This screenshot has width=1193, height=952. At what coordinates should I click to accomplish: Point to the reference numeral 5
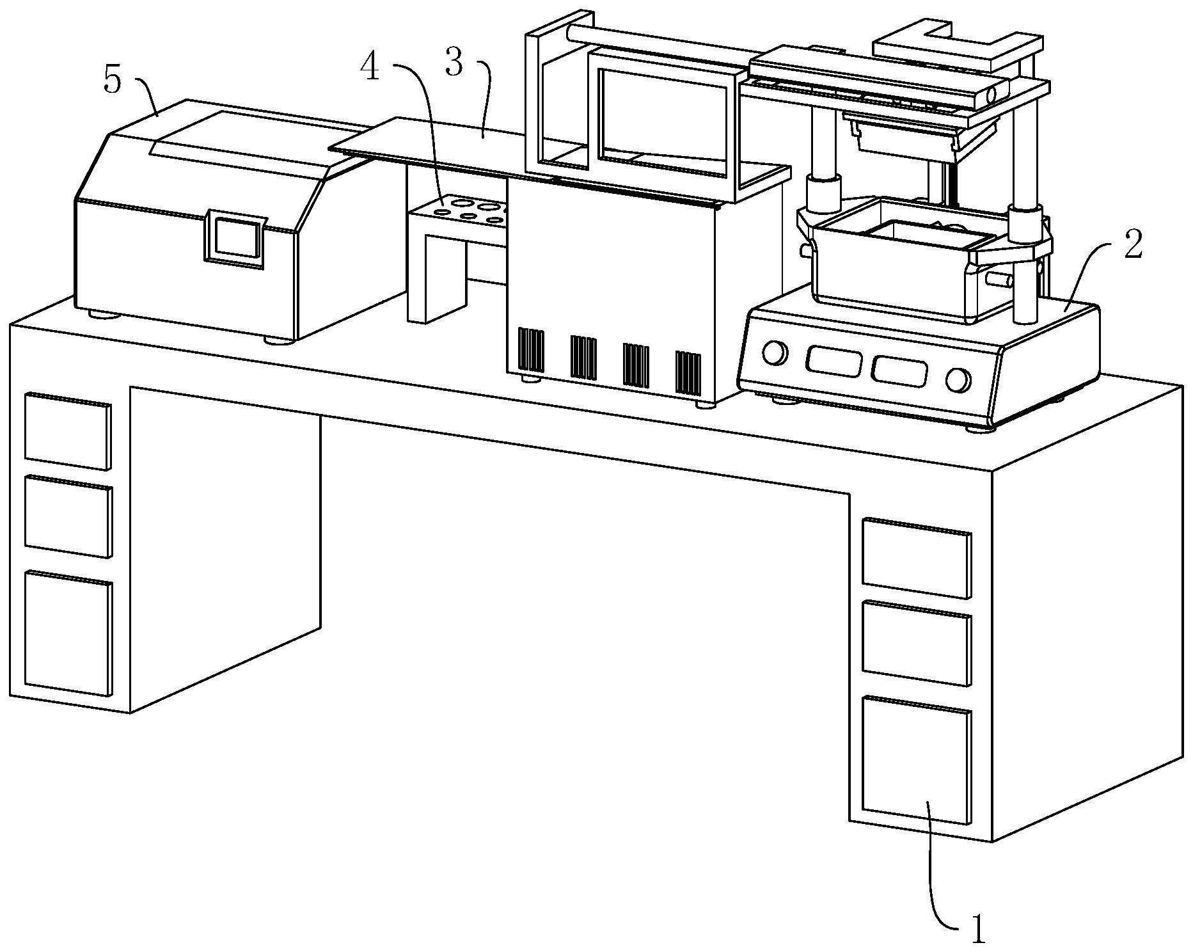click(112, 82)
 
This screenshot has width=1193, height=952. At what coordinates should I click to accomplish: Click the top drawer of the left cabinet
click(68, 432)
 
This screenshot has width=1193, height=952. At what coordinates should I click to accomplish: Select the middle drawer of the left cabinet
click(68, 516)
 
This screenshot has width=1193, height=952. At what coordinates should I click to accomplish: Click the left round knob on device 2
click(775, 353)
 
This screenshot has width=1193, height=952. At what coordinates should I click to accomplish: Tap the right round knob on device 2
click(958, 380)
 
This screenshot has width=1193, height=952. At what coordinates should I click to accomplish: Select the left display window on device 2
click(834, 361)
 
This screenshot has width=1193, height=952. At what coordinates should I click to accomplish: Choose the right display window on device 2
click(900, 370)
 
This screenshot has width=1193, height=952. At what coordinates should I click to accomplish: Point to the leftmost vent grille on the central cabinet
click(531, 351)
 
